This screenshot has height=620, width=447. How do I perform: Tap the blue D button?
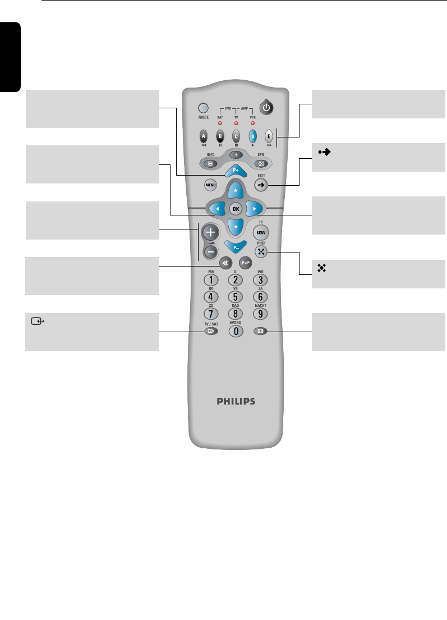pyautogui.click(x=253, y=135)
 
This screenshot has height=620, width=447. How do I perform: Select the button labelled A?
pyautogui.click(x=204, y=135)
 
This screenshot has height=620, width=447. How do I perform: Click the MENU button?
pyautogui.click(x=210, y=184)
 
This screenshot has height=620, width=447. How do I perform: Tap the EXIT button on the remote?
pyautogui.click(x=261, y=184)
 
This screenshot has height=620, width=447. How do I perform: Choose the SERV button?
pyautogui.click(x=261, y=232)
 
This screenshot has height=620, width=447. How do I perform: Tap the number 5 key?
pyautogui.click(x=236, y=296)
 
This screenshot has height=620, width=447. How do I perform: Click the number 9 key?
pyautogui.click(x=260, y=314)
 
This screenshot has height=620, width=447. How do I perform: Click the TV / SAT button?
pyautogui.click(x=211, y=331)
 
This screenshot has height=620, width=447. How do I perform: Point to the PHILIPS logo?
pyautogui.click(x=236, y=401)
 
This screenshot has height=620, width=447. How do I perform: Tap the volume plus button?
pyautogui.click(x=211, y=232)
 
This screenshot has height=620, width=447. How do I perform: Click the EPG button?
pyautogui.click(x=260, y=164)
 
